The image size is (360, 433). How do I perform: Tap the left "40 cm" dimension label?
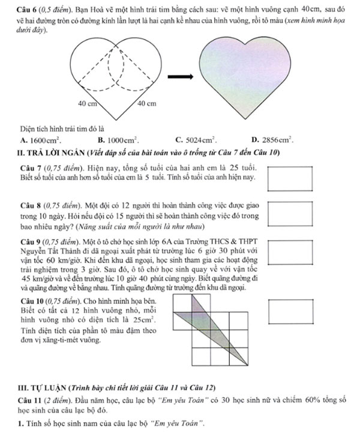pyautogui.click(x=88, y=103)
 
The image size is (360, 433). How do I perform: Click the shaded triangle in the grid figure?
pyautogui.click(x=202, y=324)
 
